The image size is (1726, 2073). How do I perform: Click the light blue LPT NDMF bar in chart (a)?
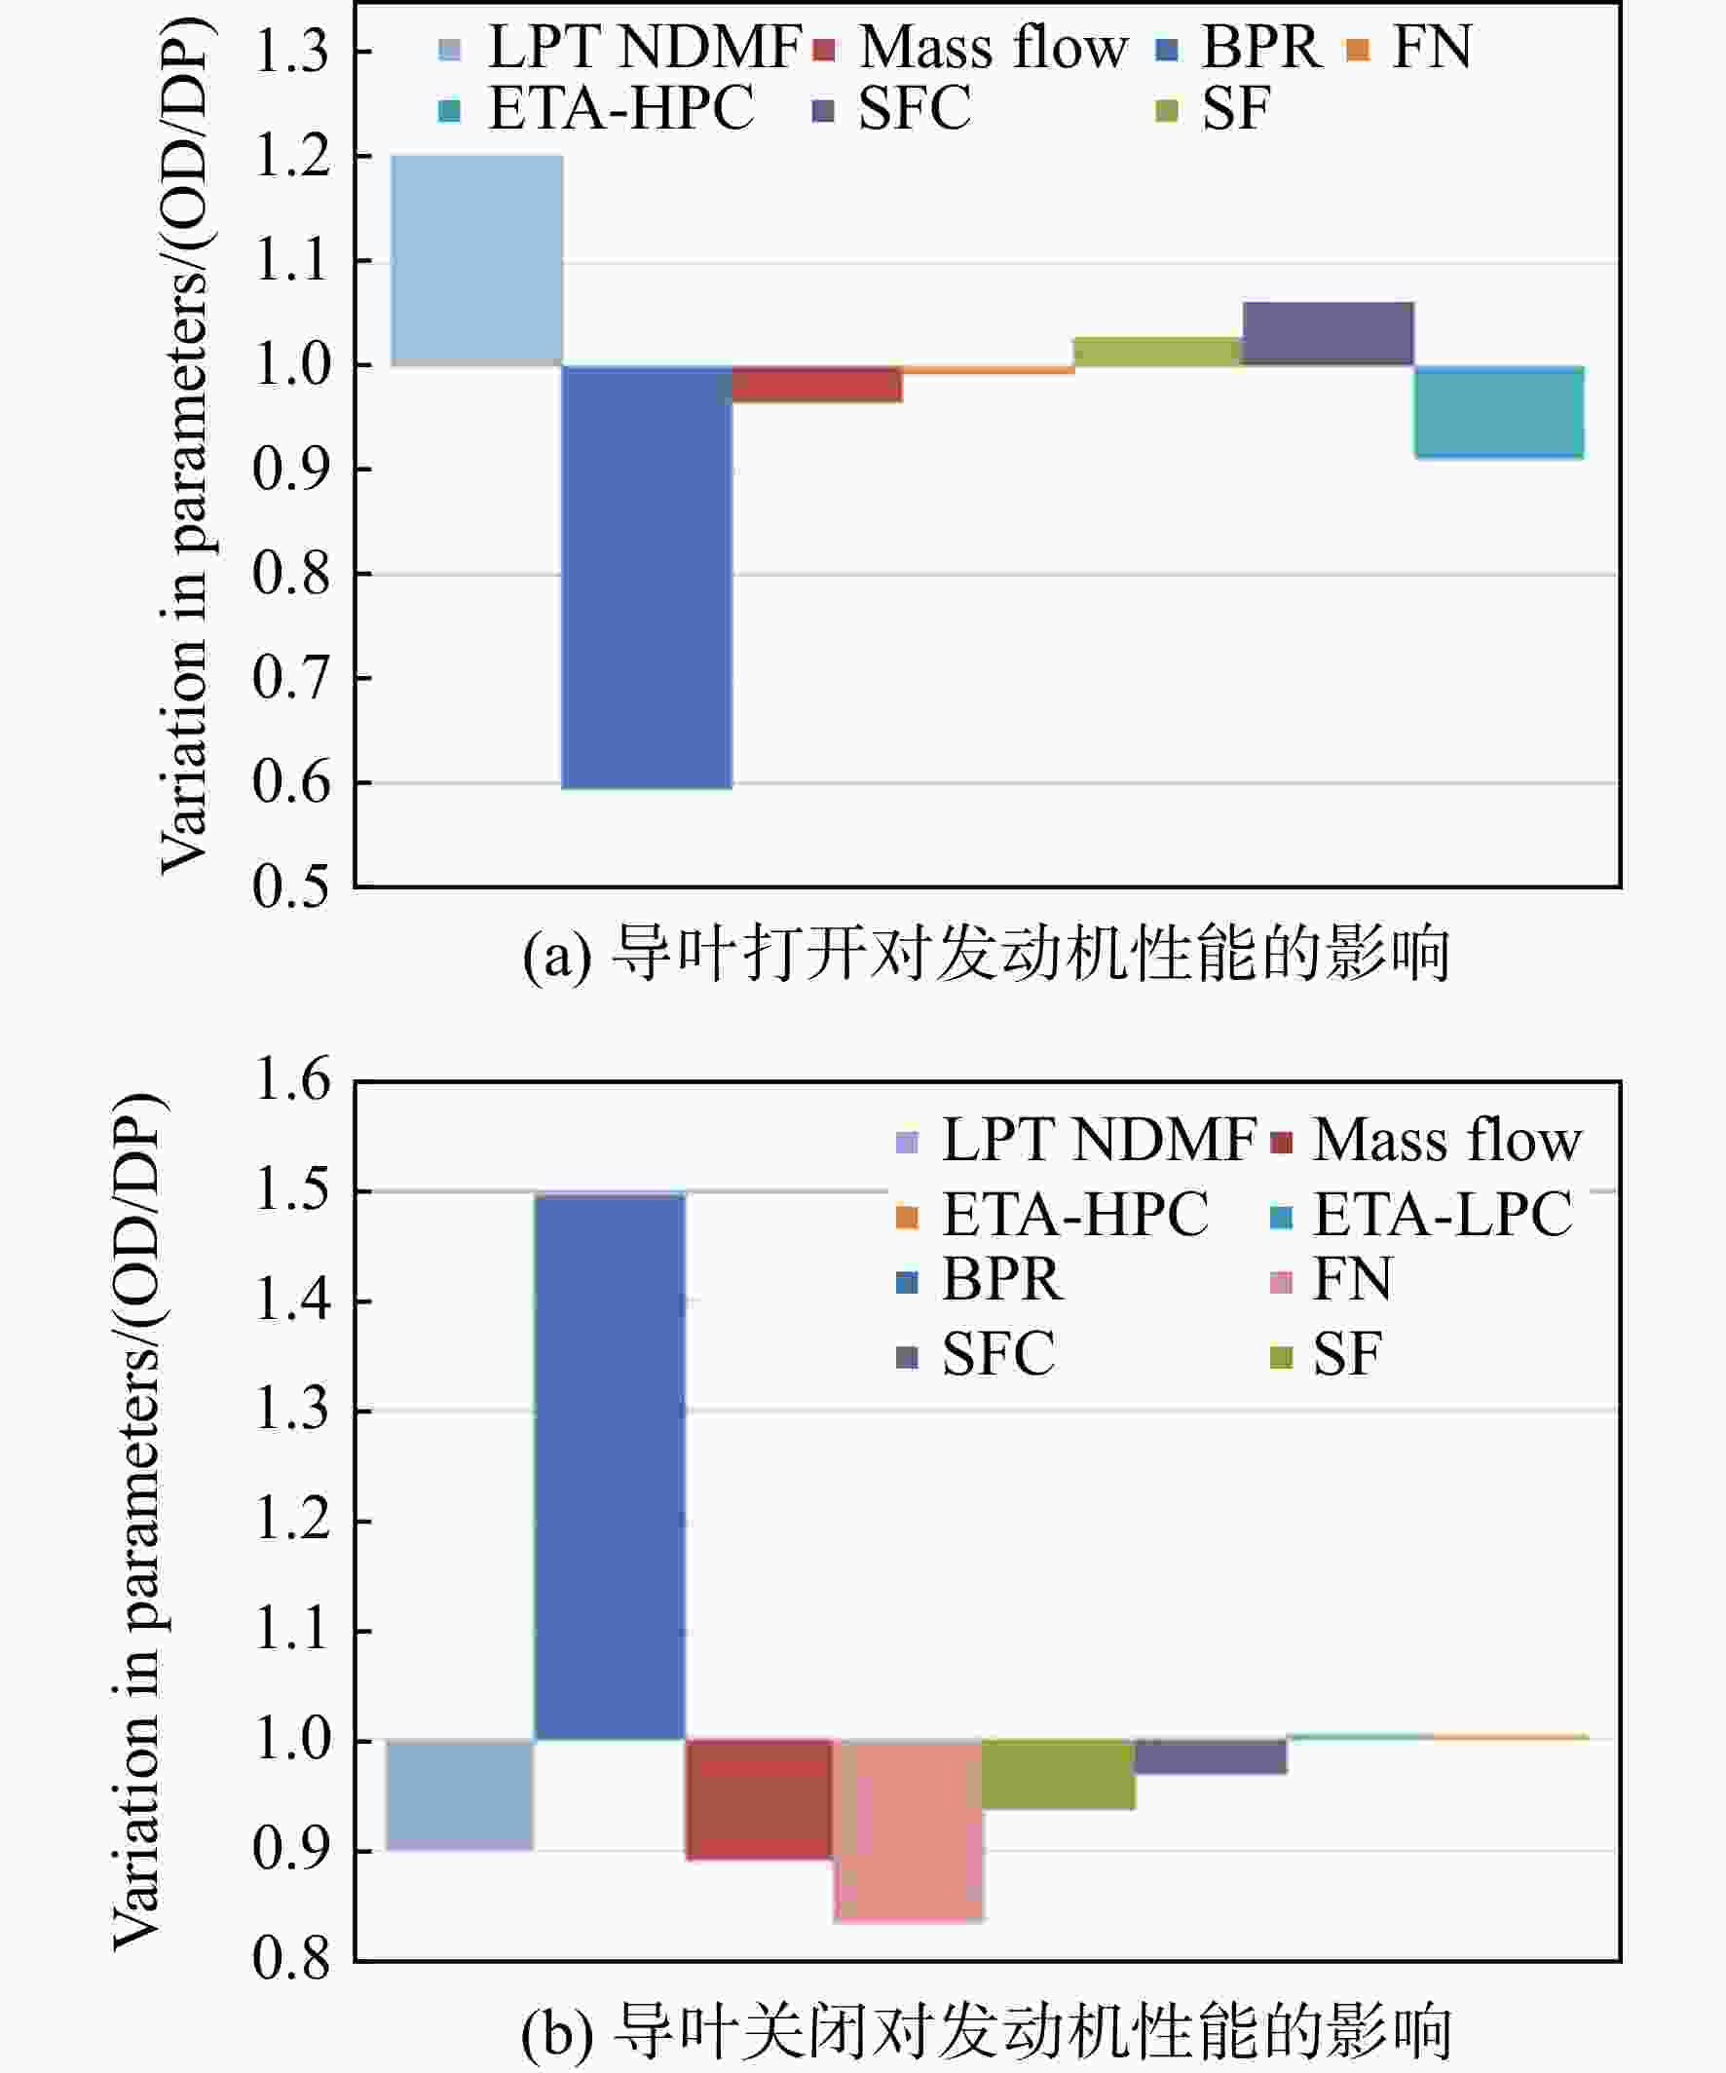click(x=477, y=261)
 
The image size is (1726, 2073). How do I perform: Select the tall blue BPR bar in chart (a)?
click(x=648, y=578)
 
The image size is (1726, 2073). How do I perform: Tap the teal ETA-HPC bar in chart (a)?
click(x=1499, y=413)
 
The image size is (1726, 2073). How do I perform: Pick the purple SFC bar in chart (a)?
click(x=1329, y=334)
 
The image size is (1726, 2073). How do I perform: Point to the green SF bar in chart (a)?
click(x=1158, y=352)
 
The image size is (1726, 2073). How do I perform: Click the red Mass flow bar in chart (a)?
click(x=817, y=384)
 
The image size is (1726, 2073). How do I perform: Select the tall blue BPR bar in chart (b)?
click(x=610, y=1467)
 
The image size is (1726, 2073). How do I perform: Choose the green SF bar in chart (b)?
click(x=1059, y=1775)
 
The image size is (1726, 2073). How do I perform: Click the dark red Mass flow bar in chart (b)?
click(x=759, y=1799)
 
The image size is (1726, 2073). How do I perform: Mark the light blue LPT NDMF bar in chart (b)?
click(x=460, y=1794)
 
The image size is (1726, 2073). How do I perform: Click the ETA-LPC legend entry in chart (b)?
click(x=1422, y=1213)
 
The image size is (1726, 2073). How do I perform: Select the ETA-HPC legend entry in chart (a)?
click(x=597, y=107)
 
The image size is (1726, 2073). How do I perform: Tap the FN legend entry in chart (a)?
click(x=1409, y=47)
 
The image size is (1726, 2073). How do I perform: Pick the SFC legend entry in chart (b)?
click(x=976, y=1353)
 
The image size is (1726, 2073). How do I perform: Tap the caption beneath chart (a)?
click(x=986, y=954)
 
